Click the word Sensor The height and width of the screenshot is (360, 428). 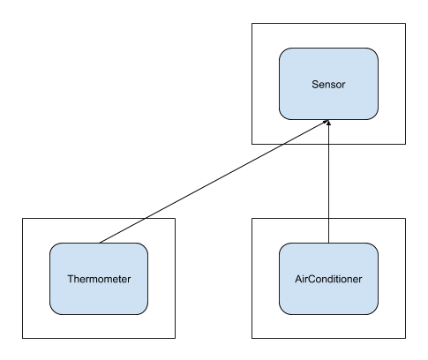coord(328,85)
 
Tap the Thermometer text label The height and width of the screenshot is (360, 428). coord(99,279)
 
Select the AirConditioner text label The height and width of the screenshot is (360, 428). coord(328,279)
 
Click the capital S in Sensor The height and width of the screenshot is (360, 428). coord(315,85)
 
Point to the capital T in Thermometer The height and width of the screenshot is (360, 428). coord(71,279)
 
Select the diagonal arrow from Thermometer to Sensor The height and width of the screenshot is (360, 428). coord(214,181)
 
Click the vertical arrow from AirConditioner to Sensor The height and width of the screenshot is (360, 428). coord(328,181)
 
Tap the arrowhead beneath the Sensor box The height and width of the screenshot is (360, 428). coord(328,122)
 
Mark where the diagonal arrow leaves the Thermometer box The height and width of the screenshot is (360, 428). coord(100,243)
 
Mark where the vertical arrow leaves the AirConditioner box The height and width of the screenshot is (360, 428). coord(328,243)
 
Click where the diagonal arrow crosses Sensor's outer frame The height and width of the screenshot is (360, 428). coord(283,144)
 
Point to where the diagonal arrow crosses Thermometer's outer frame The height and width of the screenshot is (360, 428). coord(146,218)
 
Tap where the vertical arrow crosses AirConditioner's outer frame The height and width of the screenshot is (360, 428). coord(328,218)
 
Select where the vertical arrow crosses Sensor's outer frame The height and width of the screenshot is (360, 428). coord(328,144)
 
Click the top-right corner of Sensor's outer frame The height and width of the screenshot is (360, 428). coord(406,23)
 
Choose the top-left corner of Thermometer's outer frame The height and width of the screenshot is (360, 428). coord(22,218)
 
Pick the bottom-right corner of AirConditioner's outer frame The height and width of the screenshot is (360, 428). coord(406,338)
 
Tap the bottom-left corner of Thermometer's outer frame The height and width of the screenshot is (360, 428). coord(22,338)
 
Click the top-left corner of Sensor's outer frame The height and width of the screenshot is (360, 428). coord(252,23)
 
